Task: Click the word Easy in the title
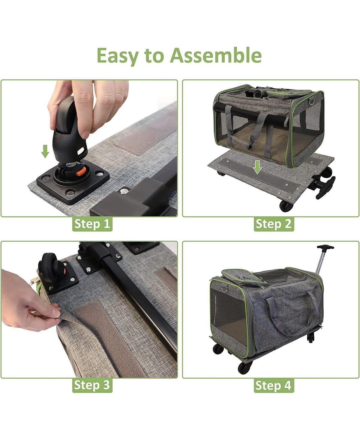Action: tap(117, 56)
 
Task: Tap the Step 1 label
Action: tap(92, 224)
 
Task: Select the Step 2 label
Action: tap(274, 224)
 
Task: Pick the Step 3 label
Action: tap(92, 385)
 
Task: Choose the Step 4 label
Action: tap(274, 385)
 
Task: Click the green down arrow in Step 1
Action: tap(45, 151)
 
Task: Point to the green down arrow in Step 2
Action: tap(257, 167)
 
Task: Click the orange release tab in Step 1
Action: tap(81, 171)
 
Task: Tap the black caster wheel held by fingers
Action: tap(68, 129)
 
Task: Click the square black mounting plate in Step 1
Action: tap(73, 184)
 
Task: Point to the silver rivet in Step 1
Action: tap(124, 191)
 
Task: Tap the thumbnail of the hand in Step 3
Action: tap(55, 312)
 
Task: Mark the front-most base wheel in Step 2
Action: tap(286, 206)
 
